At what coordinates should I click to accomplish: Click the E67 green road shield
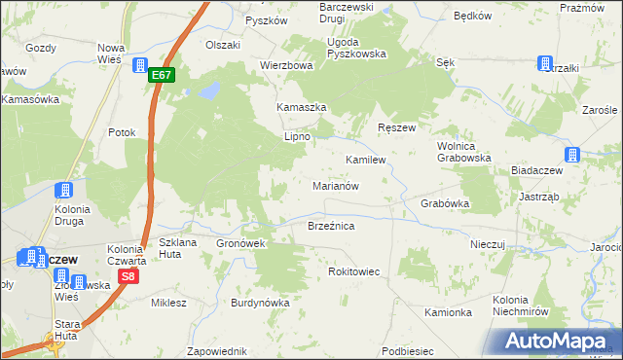coord(164,75)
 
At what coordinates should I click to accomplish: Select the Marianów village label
coord(337,185)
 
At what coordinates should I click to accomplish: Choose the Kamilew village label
coord(366,159)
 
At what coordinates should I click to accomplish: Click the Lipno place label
coord(296,137)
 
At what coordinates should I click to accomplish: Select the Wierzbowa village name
coord(285,66)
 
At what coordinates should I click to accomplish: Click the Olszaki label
coord(222,45)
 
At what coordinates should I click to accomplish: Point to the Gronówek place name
coord(241,243)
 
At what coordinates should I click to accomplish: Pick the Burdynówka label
coord(260,303)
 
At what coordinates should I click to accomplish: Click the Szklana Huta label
coord(177,248)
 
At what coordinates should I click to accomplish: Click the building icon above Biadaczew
coord(572,155)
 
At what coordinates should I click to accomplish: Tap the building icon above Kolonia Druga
coord(65,190)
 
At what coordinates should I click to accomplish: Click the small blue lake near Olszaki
coord(207,92)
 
